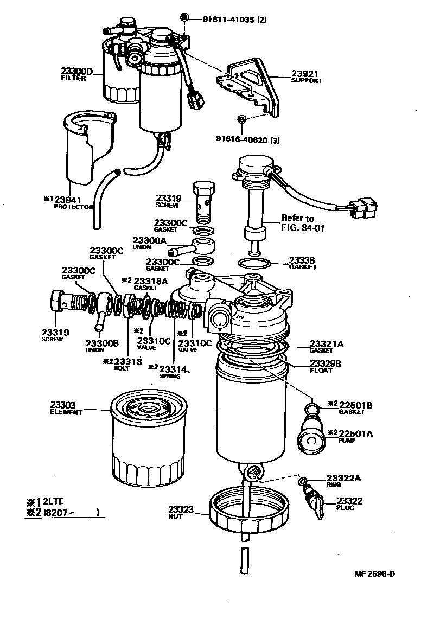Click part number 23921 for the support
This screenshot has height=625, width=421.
coord(304,74)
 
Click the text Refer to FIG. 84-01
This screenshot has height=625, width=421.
coord(302,223)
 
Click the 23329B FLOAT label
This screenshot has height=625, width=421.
coord(325,366)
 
